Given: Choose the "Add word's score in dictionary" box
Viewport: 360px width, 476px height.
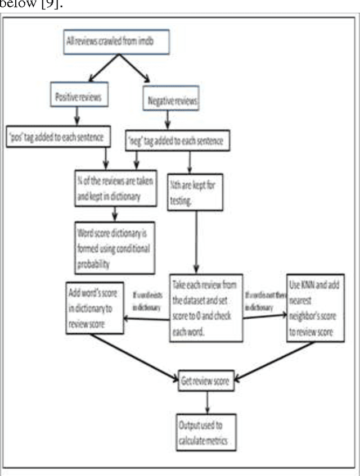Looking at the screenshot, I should (94, 309).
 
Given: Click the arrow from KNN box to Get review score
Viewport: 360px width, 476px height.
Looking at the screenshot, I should (276, 360).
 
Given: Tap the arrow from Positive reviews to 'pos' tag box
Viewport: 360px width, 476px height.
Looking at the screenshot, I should (77, 117).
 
